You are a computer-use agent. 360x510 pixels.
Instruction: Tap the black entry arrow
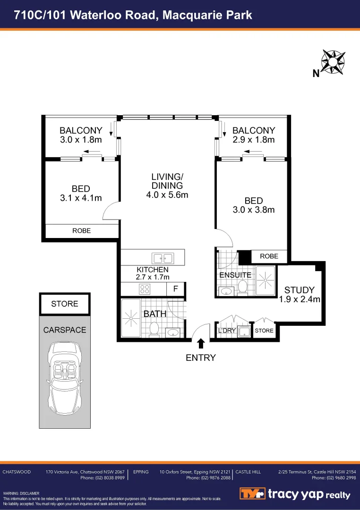point(201,343)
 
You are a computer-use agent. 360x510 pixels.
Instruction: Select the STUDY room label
point(299,290)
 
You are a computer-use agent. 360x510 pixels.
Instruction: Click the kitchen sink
point(162,258)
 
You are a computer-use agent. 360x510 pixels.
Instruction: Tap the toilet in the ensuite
point(243,286)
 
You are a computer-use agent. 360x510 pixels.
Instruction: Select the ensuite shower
point(266,280)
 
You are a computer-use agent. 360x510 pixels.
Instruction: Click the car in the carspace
point(64,377)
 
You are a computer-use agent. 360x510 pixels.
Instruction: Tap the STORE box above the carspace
point(64,304)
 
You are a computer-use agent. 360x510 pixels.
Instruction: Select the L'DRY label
point(227,331)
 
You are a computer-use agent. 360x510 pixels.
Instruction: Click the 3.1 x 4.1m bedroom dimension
point(81,198)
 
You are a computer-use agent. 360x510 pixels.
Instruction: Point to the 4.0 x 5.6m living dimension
point(167,195)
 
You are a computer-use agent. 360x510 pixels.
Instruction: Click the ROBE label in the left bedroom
point(81,231)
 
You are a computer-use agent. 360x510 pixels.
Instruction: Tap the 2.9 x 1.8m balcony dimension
point(254,140)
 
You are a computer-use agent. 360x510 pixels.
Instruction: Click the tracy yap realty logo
point(295,494)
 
